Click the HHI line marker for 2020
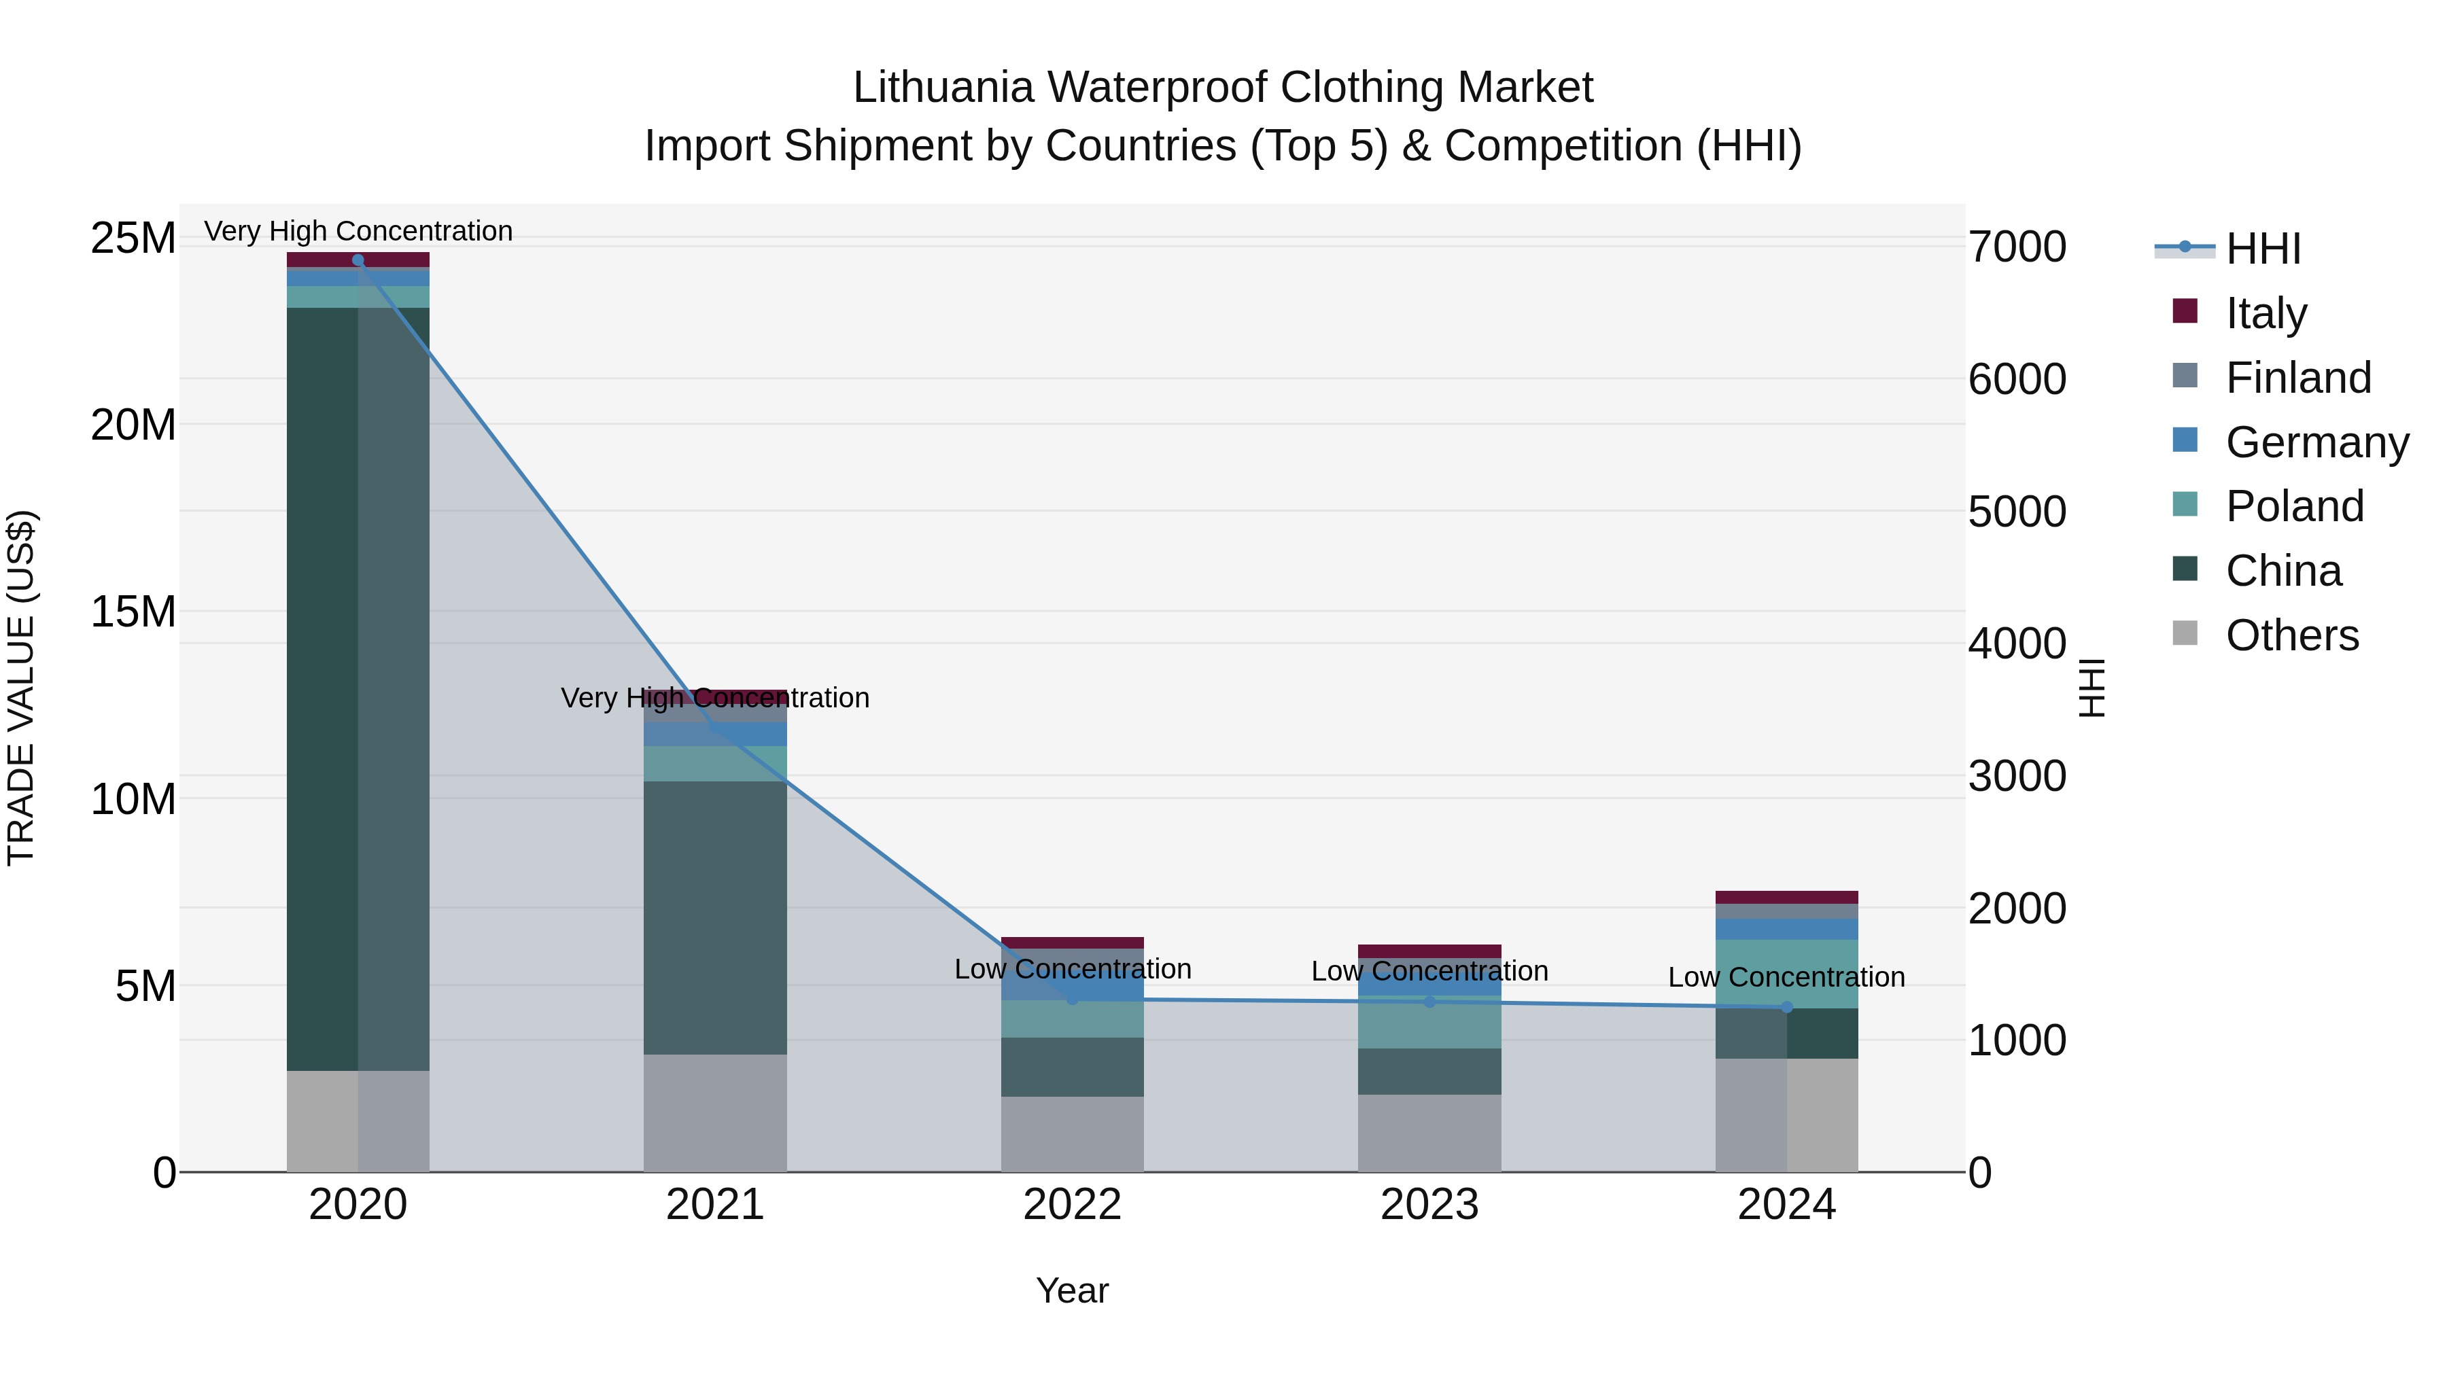358,260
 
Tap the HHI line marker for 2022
1073,999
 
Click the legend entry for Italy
2266,313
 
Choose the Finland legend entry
2298,378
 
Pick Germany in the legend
2317,442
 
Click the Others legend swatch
2185,633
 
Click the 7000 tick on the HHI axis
2017,247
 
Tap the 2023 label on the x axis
1429,1205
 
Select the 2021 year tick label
714,1205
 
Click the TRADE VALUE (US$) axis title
21,688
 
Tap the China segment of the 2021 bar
715,917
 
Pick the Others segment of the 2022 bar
1073,1134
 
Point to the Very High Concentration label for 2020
358,231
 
